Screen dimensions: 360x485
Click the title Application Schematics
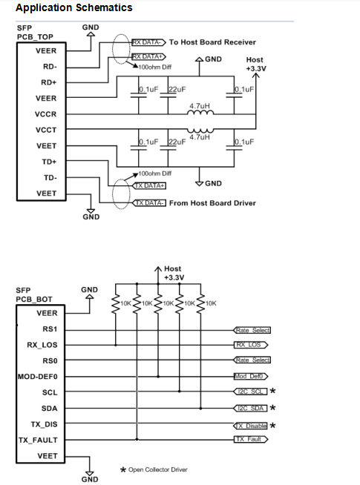point(74,7)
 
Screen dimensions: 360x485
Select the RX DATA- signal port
point(149,42)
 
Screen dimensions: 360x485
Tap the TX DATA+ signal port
point(149,185)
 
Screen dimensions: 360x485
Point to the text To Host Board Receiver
point(212,42)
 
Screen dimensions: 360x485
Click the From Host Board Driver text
point(212,203)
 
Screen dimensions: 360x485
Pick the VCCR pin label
point(46,114)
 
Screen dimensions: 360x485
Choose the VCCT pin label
point(46,130)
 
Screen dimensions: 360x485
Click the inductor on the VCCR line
point(200,113)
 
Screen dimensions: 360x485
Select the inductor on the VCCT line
point(200,131)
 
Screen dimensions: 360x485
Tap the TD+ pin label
point(49,162)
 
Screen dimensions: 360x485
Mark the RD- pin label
point(50,67)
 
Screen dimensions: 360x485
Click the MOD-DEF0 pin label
point(37,377)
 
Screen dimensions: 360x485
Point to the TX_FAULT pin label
point(38,441)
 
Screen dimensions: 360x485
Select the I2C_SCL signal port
point(250,392)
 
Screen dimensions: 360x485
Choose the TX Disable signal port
point(250,426)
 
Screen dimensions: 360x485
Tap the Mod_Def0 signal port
point(251,377)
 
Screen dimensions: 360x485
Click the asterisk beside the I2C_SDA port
point(272,408)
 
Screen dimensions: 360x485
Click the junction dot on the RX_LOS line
point(116,345)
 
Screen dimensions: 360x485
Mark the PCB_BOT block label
point(34,300)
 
